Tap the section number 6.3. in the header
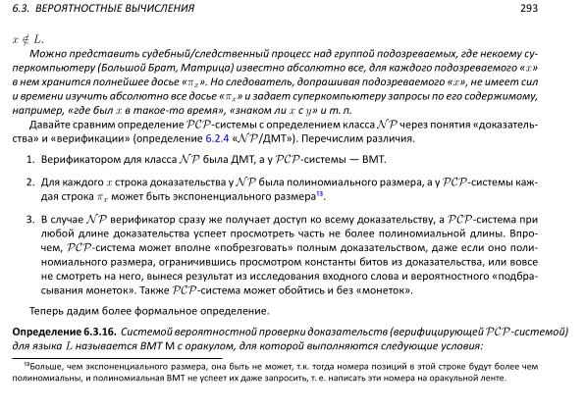[19, 9]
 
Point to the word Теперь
[48, 312]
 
